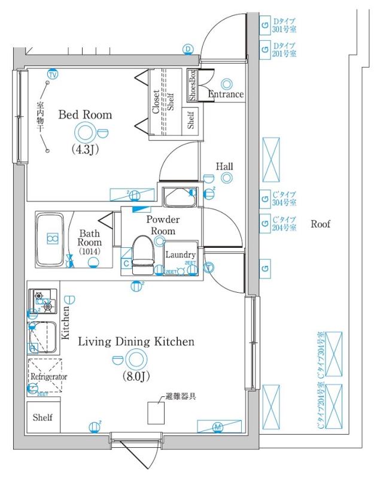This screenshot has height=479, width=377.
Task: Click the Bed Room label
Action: (x=85, y=114)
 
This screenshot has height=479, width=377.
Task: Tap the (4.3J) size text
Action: (x=84, y=149)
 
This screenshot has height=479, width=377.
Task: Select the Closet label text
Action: (x=156, y=102)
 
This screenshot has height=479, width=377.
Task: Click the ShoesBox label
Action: (x=192, y=86)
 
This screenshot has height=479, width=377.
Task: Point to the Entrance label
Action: (x=226, y=95)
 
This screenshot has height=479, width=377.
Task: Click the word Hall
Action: (x=224, y=166)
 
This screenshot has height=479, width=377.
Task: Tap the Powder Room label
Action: (x=163, y=225)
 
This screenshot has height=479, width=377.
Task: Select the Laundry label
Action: (x=180, y=254)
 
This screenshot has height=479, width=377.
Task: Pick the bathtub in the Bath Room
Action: (x=51, y=240)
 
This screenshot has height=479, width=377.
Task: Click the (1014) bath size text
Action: (x=89, y=251)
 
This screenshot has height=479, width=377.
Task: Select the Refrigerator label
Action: (x=48, y=377)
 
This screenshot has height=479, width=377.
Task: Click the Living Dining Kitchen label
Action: (x=136, y=342)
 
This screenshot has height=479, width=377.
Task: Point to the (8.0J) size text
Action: (x=136, y=377)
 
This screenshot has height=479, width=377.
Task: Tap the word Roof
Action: (x=320, y=225)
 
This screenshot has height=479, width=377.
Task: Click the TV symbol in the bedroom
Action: (x=52, y=75)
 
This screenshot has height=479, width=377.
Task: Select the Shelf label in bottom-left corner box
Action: (x=42, y=417)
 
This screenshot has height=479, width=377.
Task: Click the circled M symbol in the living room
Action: (x=218, y=427)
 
